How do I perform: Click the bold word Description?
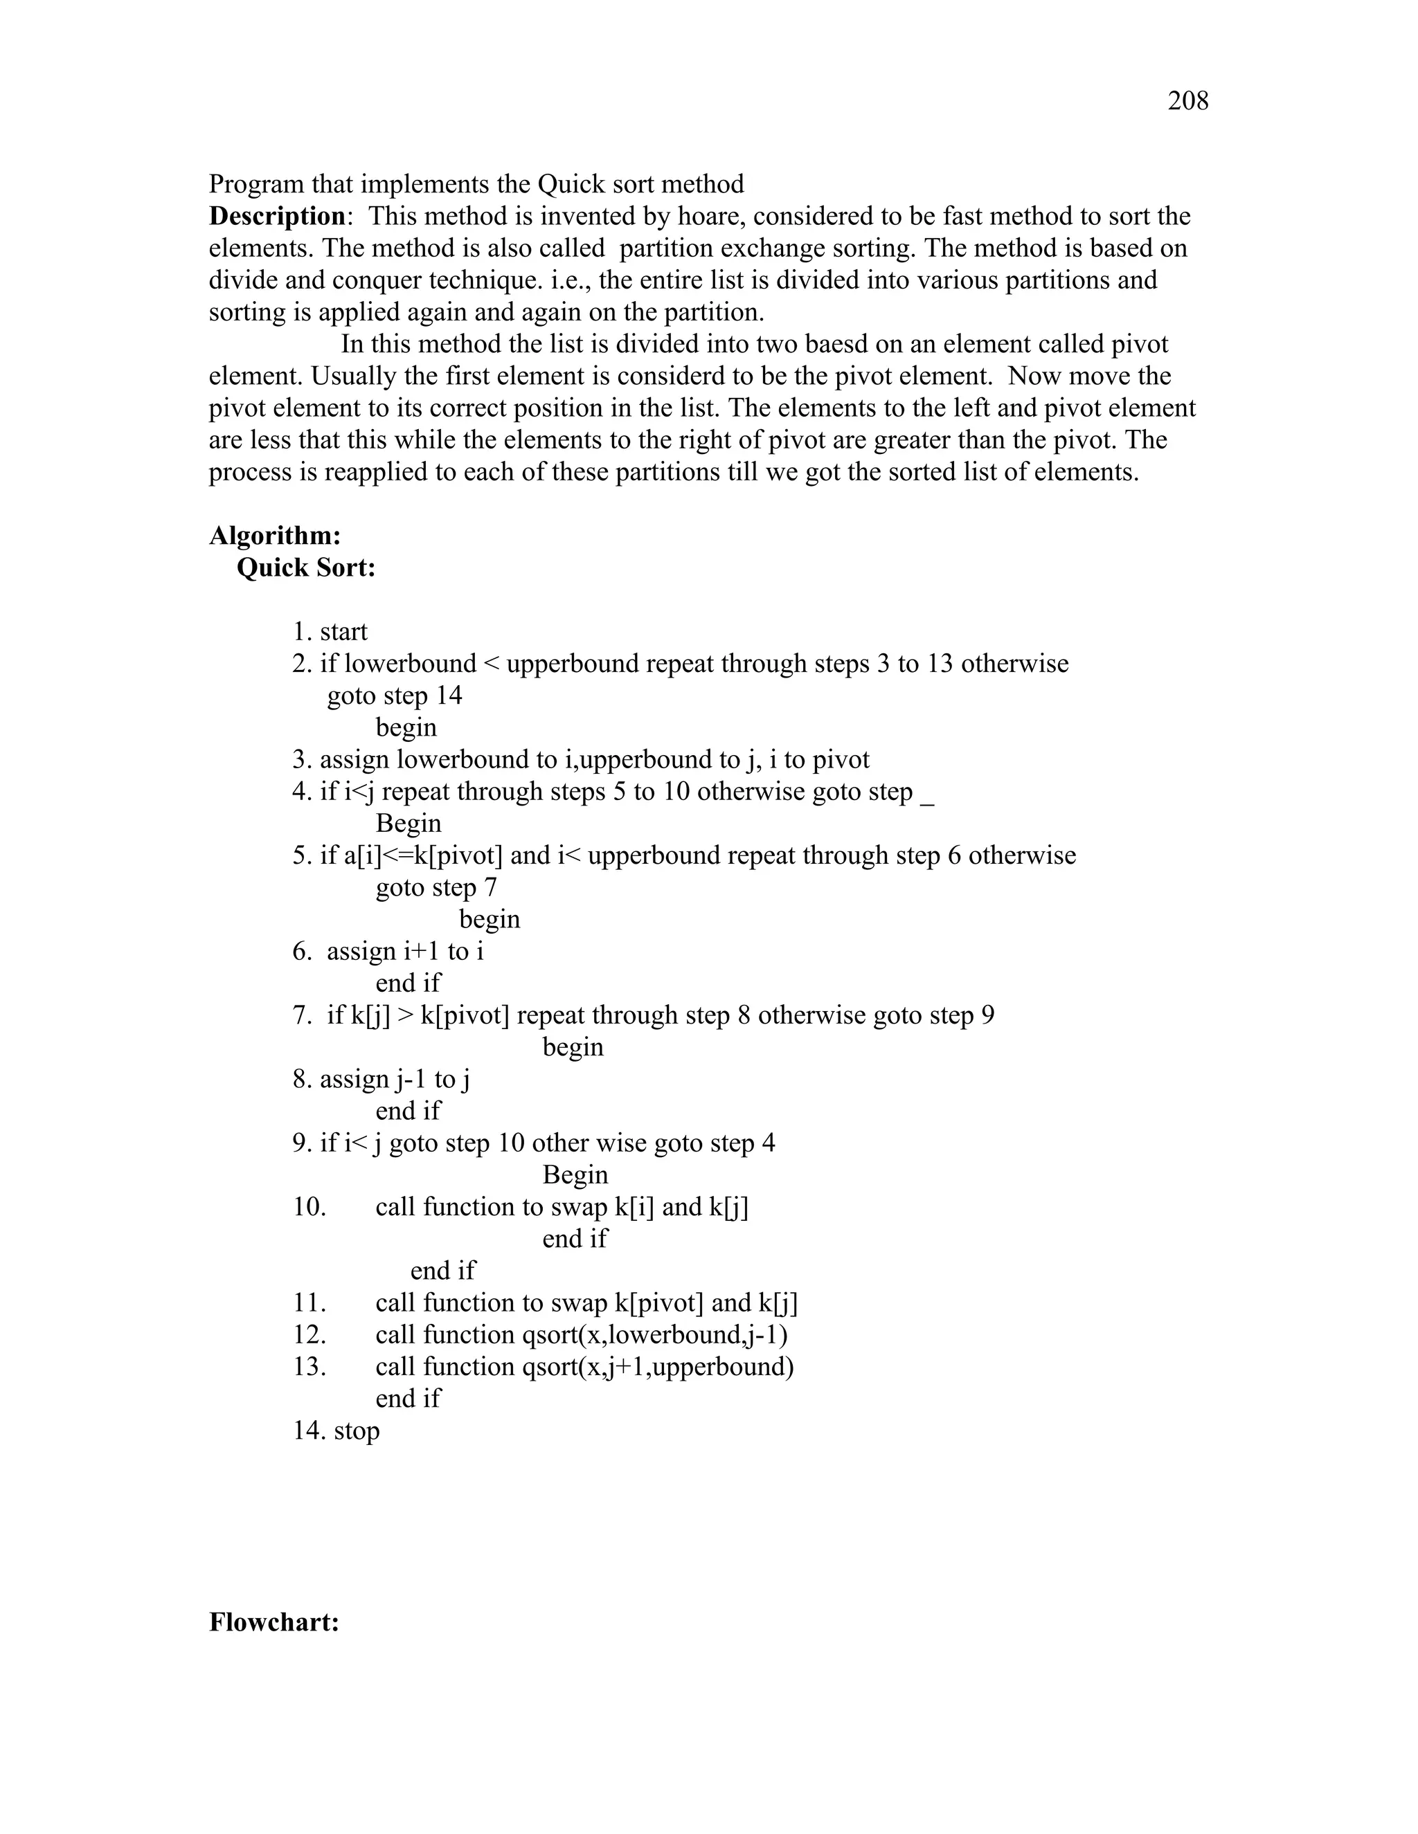tap(276, 217)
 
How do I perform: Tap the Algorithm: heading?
tap(275, 536)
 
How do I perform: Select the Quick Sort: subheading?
tap(306, 568)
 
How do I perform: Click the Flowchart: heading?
tap(274, 1622)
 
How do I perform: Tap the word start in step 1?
tap(343, 631)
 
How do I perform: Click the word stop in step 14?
tap(357, 1430)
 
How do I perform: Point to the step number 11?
tap(308, 1302)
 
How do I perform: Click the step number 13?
tap(308, 1366)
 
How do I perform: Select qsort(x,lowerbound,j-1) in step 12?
tap(655, 1334)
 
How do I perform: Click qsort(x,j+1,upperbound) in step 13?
tap(658, 1366)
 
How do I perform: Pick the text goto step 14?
tap(394, 696)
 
